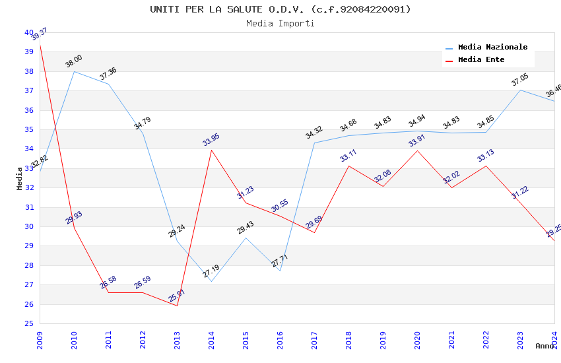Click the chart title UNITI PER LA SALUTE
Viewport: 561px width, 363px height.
280,9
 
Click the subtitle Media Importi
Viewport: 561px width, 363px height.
280,23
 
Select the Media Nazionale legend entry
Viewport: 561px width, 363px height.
492,47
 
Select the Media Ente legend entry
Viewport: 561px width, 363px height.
481,59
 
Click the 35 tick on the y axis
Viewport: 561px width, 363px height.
29,129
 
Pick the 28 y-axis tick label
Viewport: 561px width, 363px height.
29,265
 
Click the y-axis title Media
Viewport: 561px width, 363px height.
20,178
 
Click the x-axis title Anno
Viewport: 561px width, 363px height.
544,346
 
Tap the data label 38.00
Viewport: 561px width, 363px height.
74,62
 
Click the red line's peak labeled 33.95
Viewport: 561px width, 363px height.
211,150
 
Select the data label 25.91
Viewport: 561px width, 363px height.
177,296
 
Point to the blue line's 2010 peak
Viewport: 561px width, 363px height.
74,71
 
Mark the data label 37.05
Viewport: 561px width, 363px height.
520,81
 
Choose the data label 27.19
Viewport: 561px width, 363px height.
211,271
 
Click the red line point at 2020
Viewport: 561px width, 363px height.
417,150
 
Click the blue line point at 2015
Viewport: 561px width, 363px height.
246,238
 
